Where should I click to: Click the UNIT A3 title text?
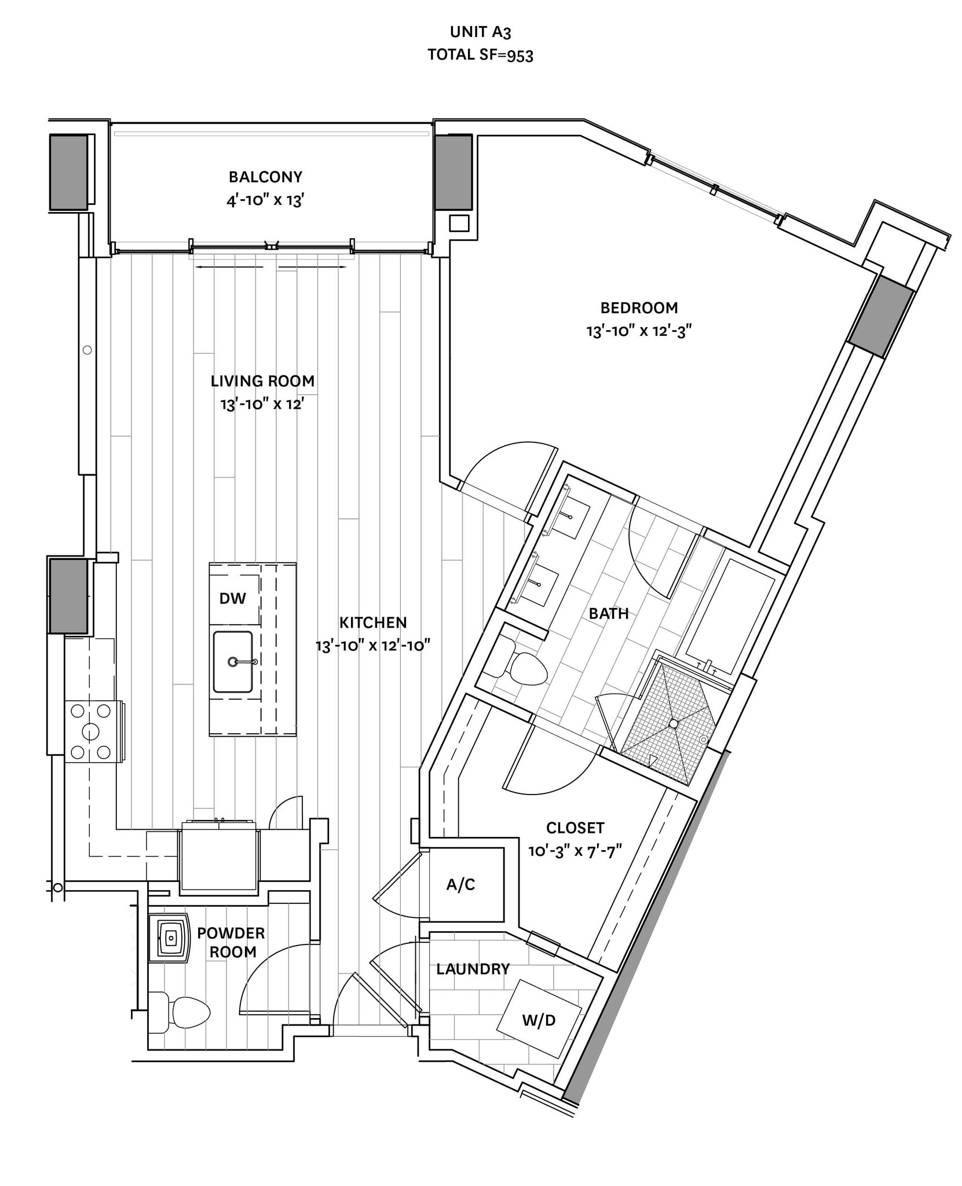[480, 32]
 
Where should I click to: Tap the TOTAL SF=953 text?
[480, 55]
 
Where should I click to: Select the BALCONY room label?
[265, 177]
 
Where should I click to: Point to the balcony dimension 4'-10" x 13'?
[265, 201]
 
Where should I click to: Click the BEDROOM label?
[639, 308]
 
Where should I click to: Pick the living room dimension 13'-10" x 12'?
[262, 404]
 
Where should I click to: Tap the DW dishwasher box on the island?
[233, 598]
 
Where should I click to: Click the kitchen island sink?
[233, 661]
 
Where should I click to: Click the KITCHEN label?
[373, 623]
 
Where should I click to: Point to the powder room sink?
[170, 938]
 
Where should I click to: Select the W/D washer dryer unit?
[539, 1019]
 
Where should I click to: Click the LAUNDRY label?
[473, 969]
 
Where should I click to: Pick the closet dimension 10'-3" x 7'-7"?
[575, 851]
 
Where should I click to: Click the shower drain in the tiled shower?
[673, 724]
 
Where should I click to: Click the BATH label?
[609, 613]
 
